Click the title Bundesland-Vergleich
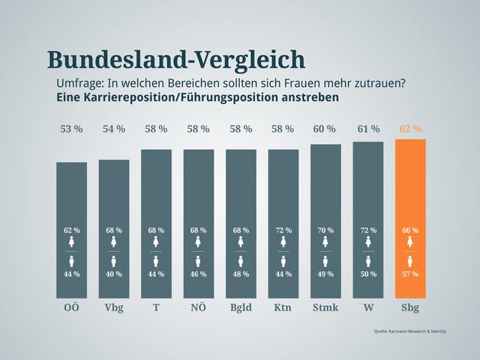[x=175, y=59]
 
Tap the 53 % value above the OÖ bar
[x=71, y=129]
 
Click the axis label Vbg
[x=114, y=307]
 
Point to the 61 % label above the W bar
[x=368, y=129]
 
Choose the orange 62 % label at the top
[x=410, y=129]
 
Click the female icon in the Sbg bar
[x=410, y=241]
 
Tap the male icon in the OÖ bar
[x=72, y=261]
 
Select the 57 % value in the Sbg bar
[x=410, y=274]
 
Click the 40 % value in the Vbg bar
[x=114, y=274]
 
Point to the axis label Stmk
[x=325, y=307]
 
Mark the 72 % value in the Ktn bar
[x=283, y=230]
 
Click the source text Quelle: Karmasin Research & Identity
[x=409, y=331]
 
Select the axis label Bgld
[x=241, y=307]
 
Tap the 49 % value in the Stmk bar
[x=325, y=274]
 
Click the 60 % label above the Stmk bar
[x=325, y=129]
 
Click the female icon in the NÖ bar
[x=199, y=241]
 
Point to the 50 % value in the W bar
[x=368, y=274]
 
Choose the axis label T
[x=156, y=307]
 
